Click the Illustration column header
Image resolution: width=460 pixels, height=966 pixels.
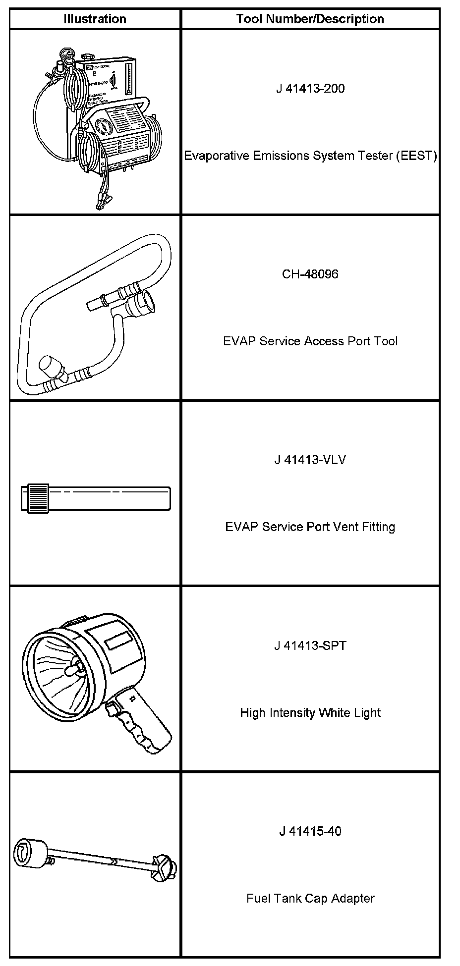95,19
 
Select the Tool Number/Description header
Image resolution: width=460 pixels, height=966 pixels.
310,19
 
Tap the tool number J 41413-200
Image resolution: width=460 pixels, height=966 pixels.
310,89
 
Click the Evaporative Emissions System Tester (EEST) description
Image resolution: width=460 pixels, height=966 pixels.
310,156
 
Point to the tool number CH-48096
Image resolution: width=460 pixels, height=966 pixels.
310,274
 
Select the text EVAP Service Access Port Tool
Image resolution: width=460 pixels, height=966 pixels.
310,341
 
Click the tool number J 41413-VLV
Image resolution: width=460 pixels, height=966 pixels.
310,460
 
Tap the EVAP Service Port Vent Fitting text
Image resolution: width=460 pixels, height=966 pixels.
310,527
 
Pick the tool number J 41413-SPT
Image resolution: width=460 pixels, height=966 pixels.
310,645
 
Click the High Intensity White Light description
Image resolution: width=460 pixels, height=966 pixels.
310,713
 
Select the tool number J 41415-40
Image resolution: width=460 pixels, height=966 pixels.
310,831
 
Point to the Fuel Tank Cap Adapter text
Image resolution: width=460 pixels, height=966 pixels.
310,898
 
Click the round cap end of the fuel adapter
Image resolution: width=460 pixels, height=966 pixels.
29,853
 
